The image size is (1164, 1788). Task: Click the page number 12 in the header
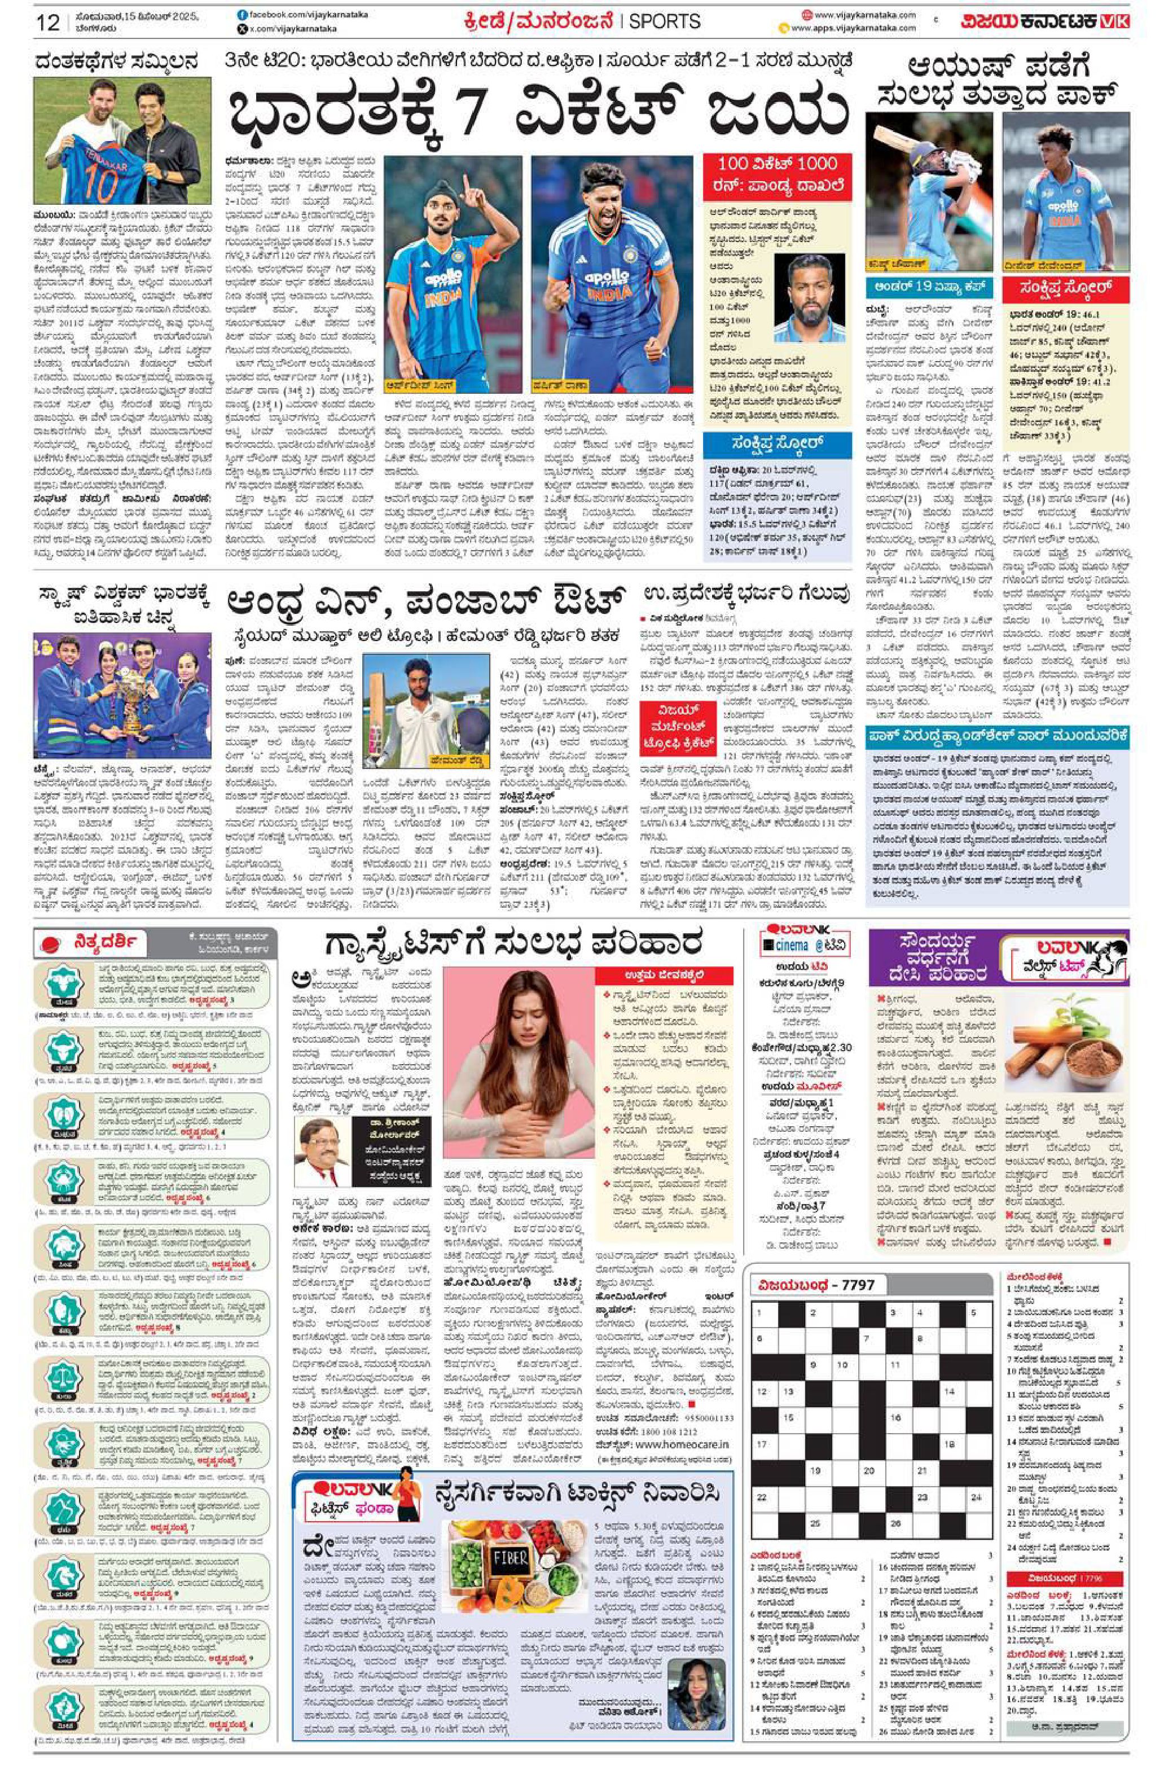point(47,23)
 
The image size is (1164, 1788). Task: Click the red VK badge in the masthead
point(1116,22)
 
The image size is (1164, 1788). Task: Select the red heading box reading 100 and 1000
point(776,174)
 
